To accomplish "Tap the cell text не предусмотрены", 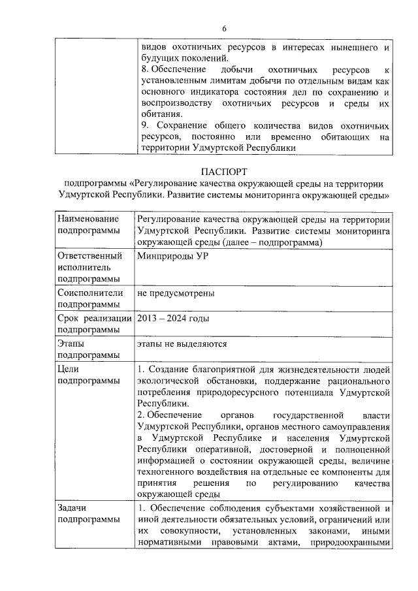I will click(176, 294).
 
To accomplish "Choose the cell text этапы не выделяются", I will click(182, 343).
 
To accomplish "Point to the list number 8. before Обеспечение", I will click(145, 69).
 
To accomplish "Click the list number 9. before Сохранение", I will click(145, 125).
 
